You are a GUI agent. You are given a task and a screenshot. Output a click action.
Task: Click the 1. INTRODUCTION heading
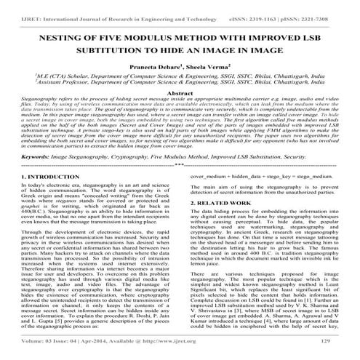(51, 196)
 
